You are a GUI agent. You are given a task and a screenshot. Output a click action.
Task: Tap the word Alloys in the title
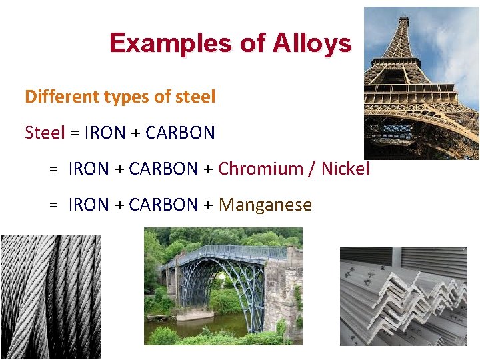coord(311,43)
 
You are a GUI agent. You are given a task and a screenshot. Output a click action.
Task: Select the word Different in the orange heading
coord(61,97)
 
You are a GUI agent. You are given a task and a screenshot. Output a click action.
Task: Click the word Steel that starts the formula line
coord(45,133)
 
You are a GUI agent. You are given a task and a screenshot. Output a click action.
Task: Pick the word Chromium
coord(261,169)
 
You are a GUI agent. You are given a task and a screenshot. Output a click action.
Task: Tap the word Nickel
coord(345,169)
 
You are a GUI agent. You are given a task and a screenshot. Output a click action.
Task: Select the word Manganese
coord(265,205)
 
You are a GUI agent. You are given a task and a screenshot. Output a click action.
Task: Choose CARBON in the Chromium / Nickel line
coord(164,169)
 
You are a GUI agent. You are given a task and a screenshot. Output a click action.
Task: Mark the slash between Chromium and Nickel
coord(312,169)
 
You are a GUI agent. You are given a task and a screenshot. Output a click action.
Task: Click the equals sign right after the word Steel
coord(75,133)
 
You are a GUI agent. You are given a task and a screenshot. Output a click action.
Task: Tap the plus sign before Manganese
coord(208,205)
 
